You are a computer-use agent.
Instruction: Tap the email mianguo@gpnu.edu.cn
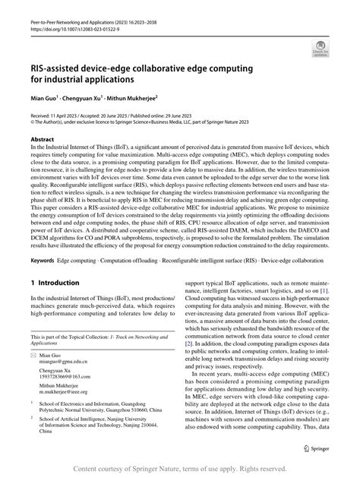coord(62,361)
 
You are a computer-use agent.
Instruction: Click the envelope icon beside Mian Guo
coord(33,355)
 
